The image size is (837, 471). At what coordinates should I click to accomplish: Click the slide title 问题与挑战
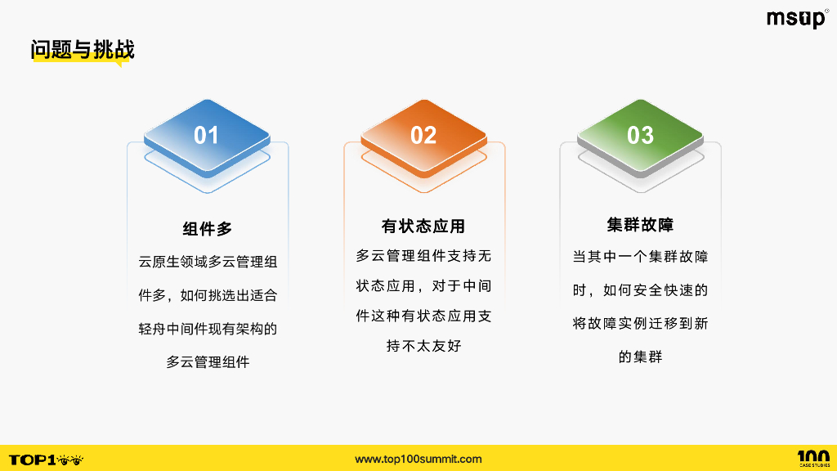coord(83,50)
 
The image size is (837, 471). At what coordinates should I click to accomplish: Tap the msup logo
coord(796,19)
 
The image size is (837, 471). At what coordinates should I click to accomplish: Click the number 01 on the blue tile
coord(206,135)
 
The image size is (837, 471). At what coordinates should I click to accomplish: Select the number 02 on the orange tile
coord(423,135)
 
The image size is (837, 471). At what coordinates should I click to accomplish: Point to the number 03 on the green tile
coord(640,135)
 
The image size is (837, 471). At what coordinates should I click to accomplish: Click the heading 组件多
coord(208,229)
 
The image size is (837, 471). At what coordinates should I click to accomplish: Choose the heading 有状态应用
coord(423,226)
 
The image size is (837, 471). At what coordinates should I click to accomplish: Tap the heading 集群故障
coord(640,225)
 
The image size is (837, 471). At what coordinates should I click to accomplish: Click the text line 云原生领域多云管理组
coord(208,262)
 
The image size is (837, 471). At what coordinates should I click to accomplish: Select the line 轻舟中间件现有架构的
coord(208,329)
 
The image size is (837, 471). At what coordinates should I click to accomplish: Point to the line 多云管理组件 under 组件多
coord(208,361)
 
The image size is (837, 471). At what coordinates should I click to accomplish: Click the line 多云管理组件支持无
coord(423,256)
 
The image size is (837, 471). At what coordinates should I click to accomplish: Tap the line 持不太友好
coord(423,346)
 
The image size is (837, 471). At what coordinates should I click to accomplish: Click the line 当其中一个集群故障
coord(640,257)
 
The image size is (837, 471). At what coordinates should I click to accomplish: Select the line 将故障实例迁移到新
coord(640,323)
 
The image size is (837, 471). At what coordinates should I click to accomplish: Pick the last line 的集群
coord(640,357)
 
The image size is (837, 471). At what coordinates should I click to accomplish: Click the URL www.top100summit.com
coord(418,459)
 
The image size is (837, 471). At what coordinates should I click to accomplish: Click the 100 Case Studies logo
coord(812,458)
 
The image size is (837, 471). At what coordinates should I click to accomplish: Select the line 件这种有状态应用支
coord(423,316)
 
